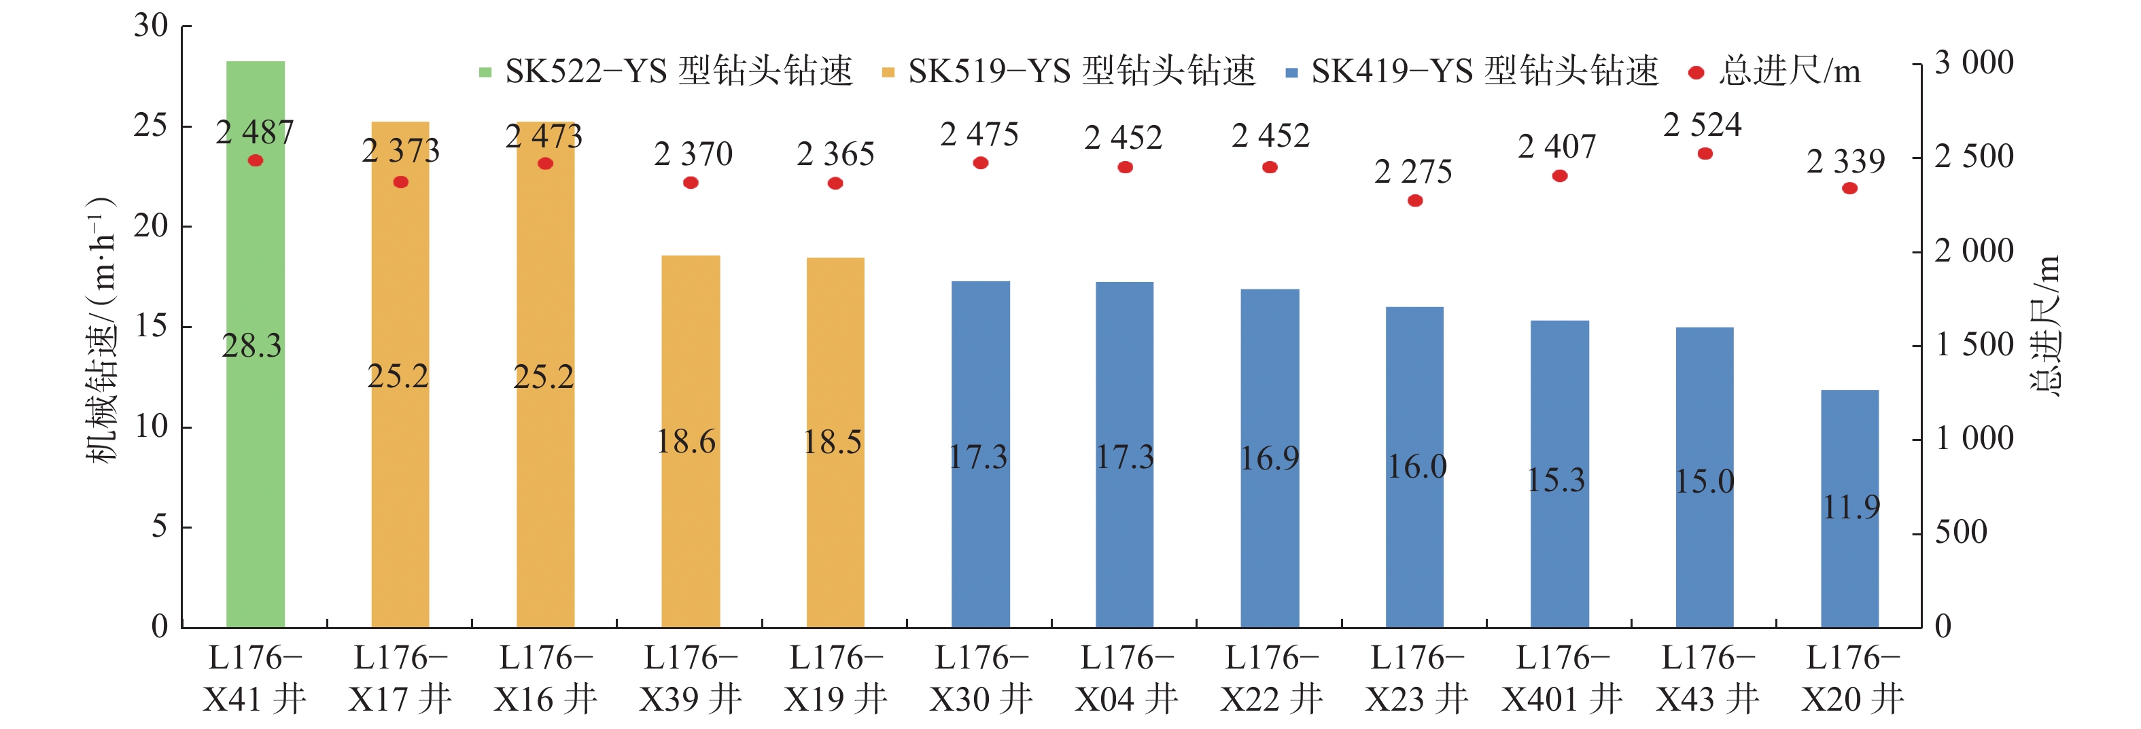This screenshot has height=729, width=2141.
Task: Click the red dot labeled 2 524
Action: coord(1705,154)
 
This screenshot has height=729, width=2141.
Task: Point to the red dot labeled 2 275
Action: coord(1414,200)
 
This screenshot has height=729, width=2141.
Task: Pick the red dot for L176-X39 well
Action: coord(691,183)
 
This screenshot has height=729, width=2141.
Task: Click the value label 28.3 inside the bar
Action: coord(252,346)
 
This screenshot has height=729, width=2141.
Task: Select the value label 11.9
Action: coord(1851,507)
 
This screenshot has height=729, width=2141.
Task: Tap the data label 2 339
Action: coord(1845,161)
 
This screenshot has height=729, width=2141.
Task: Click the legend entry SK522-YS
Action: coord(665,71)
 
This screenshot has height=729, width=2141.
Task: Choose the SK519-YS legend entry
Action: coord(1068,71)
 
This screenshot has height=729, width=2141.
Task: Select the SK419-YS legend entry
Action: coord(1471,71)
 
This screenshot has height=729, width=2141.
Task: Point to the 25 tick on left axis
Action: coord(152,126)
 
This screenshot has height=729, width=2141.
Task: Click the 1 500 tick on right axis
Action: coord(1974,345)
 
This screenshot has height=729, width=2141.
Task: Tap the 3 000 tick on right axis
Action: coord(1974,63)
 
